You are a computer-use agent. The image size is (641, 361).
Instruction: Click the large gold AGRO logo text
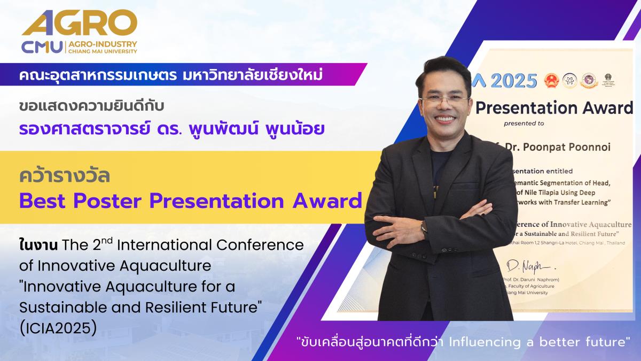[x=79, y=24]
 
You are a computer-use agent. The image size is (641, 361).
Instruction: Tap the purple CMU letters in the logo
[x=42, y=47]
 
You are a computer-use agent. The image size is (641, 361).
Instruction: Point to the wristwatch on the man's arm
[x=424, y=228]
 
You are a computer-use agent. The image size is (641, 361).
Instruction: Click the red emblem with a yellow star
[x=551, y=81]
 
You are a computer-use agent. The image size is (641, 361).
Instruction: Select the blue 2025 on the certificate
[x=513, y=81]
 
